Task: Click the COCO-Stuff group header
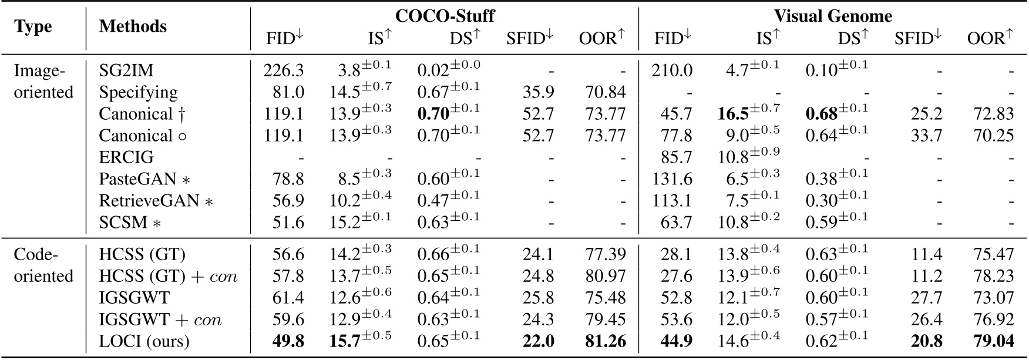pos(444,16)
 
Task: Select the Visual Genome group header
pos(832,16)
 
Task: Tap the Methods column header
pos(133,26)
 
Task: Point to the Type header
pos(33,27)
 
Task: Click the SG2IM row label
pos(126,71)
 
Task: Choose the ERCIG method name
pos(126,157)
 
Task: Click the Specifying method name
pos(138,93)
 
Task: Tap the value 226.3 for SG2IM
pos(284,71)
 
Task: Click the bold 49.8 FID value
pos(288,341)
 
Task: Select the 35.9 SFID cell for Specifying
pos(539,93)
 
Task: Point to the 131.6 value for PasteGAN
pos(672,179)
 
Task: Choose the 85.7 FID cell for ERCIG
pos(676,157)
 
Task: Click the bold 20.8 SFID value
pos(927,341)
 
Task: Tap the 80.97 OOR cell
pos(606,276)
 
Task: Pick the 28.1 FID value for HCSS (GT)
pos(676,254)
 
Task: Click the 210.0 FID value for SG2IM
pos(672,71)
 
